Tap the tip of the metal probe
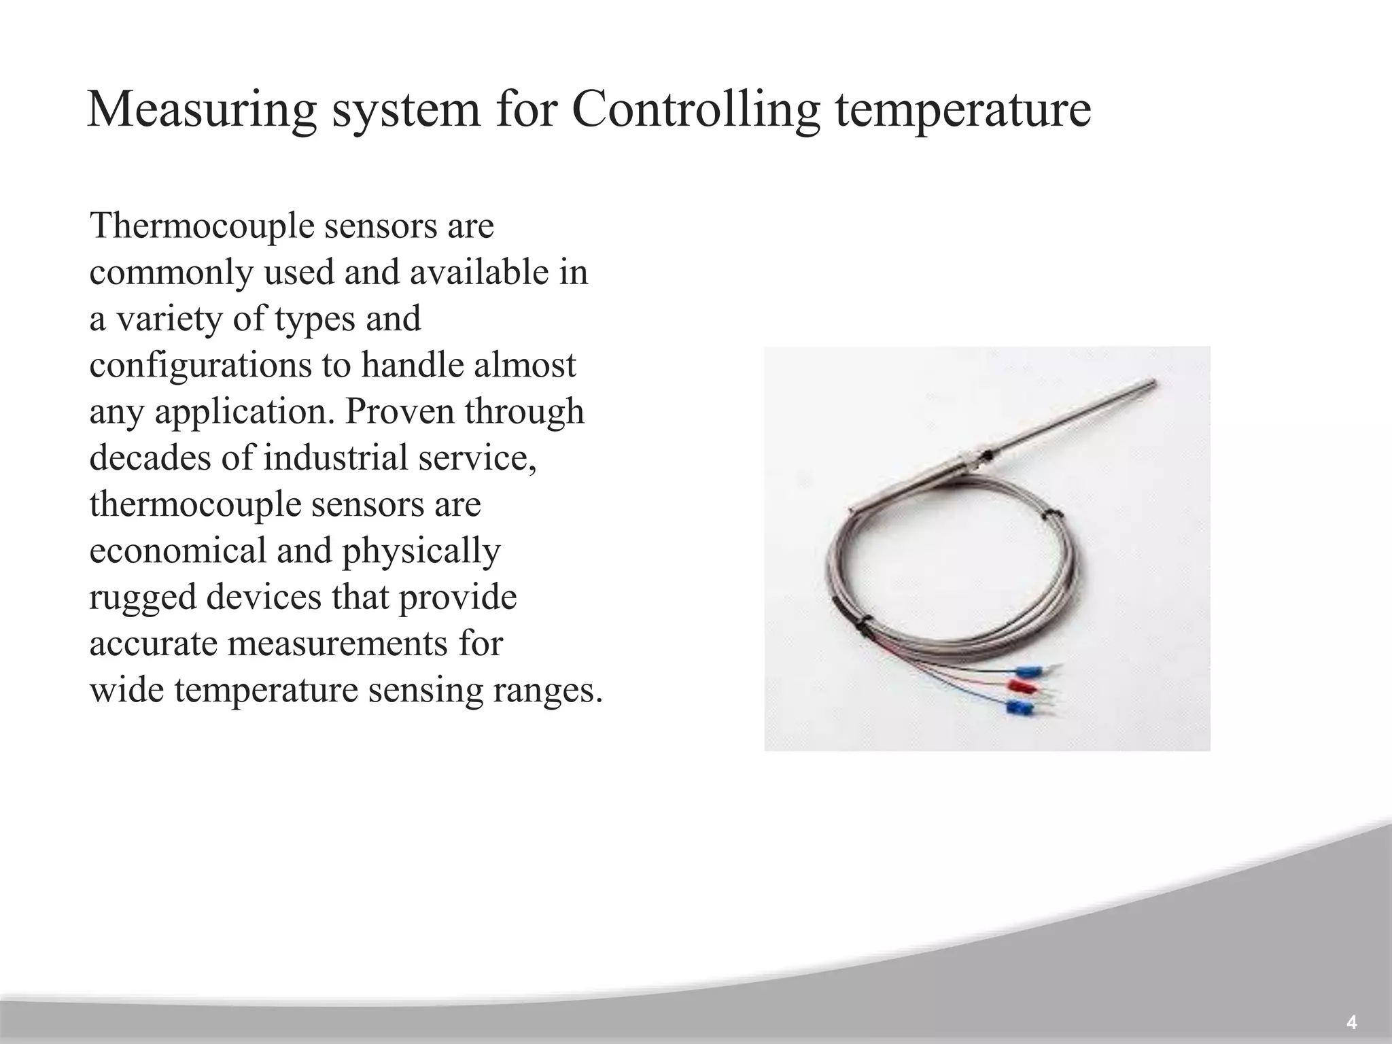[x=1153, y=382]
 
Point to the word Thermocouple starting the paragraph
[x=202, y=226]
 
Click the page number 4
[x=1351, y=1022]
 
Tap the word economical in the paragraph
[x=177, y=550]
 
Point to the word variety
[x=169, y=319]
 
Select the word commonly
[x=171, y=273]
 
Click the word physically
[x=421, y=550]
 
